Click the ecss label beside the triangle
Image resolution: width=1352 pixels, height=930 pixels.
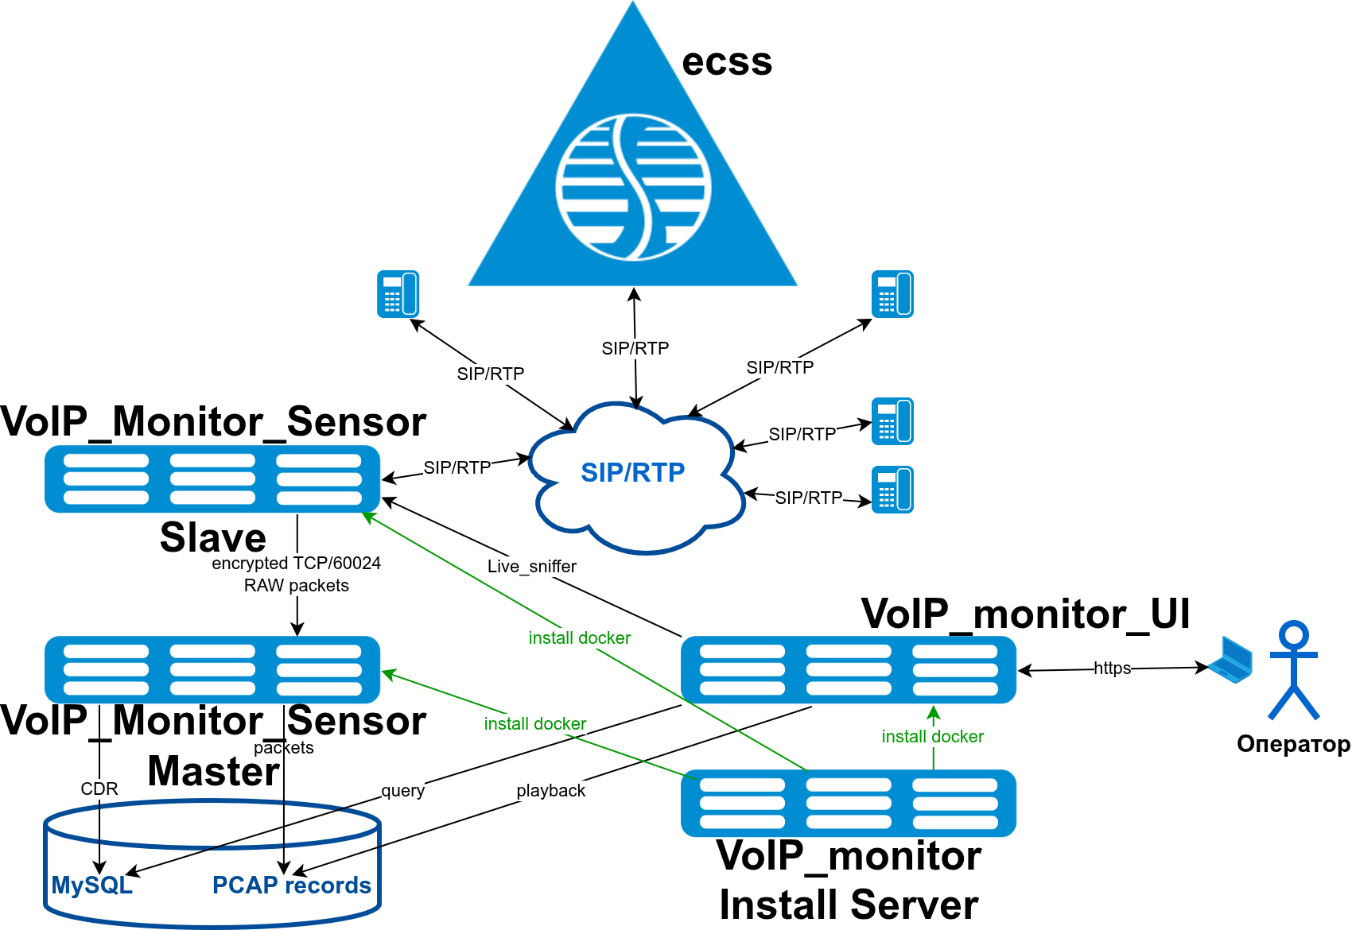tap(727, 62)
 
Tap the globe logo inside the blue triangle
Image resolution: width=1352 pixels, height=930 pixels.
tap(633, 187)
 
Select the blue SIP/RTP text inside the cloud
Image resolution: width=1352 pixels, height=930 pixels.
tap(632, 472)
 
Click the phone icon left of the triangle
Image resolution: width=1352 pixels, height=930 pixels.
tap(398, 294)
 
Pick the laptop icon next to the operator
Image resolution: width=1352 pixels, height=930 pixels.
tap(1231, 660)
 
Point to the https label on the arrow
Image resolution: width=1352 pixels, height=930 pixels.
tap(1112, 668)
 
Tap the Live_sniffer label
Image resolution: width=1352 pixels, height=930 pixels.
tap(531, 566)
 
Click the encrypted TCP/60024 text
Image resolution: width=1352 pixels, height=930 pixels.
tap(296, 564)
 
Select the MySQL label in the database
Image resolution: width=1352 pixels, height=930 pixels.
tap(91, 885)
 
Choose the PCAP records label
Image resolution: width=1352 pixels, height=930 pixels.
tap(291, 885)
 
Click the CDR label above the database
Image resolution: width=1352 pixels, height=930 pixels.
tap(99, 789)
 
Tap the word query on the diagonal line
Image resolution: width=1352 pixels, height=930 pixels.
tap(403, 790)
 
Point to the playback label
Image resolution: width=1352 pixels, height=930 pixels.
tap(550, 791)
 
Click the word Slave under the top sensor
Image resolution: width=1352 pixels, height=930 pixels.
tap(213, 537)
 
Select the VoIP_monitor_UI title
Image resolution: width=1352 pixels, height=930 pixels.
tap(1025, 614)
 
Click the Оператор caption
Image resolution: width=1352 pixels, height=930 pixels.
tap(1293, 744)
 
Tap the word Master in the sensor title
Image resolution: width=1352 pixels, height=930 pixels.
tap(214, 771)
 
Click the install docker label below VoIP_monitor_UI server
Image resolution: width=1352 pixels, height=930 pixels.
tap(932, 737)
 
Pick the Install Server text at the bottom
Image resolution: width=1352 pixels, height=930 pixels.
tap(849, 905)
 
